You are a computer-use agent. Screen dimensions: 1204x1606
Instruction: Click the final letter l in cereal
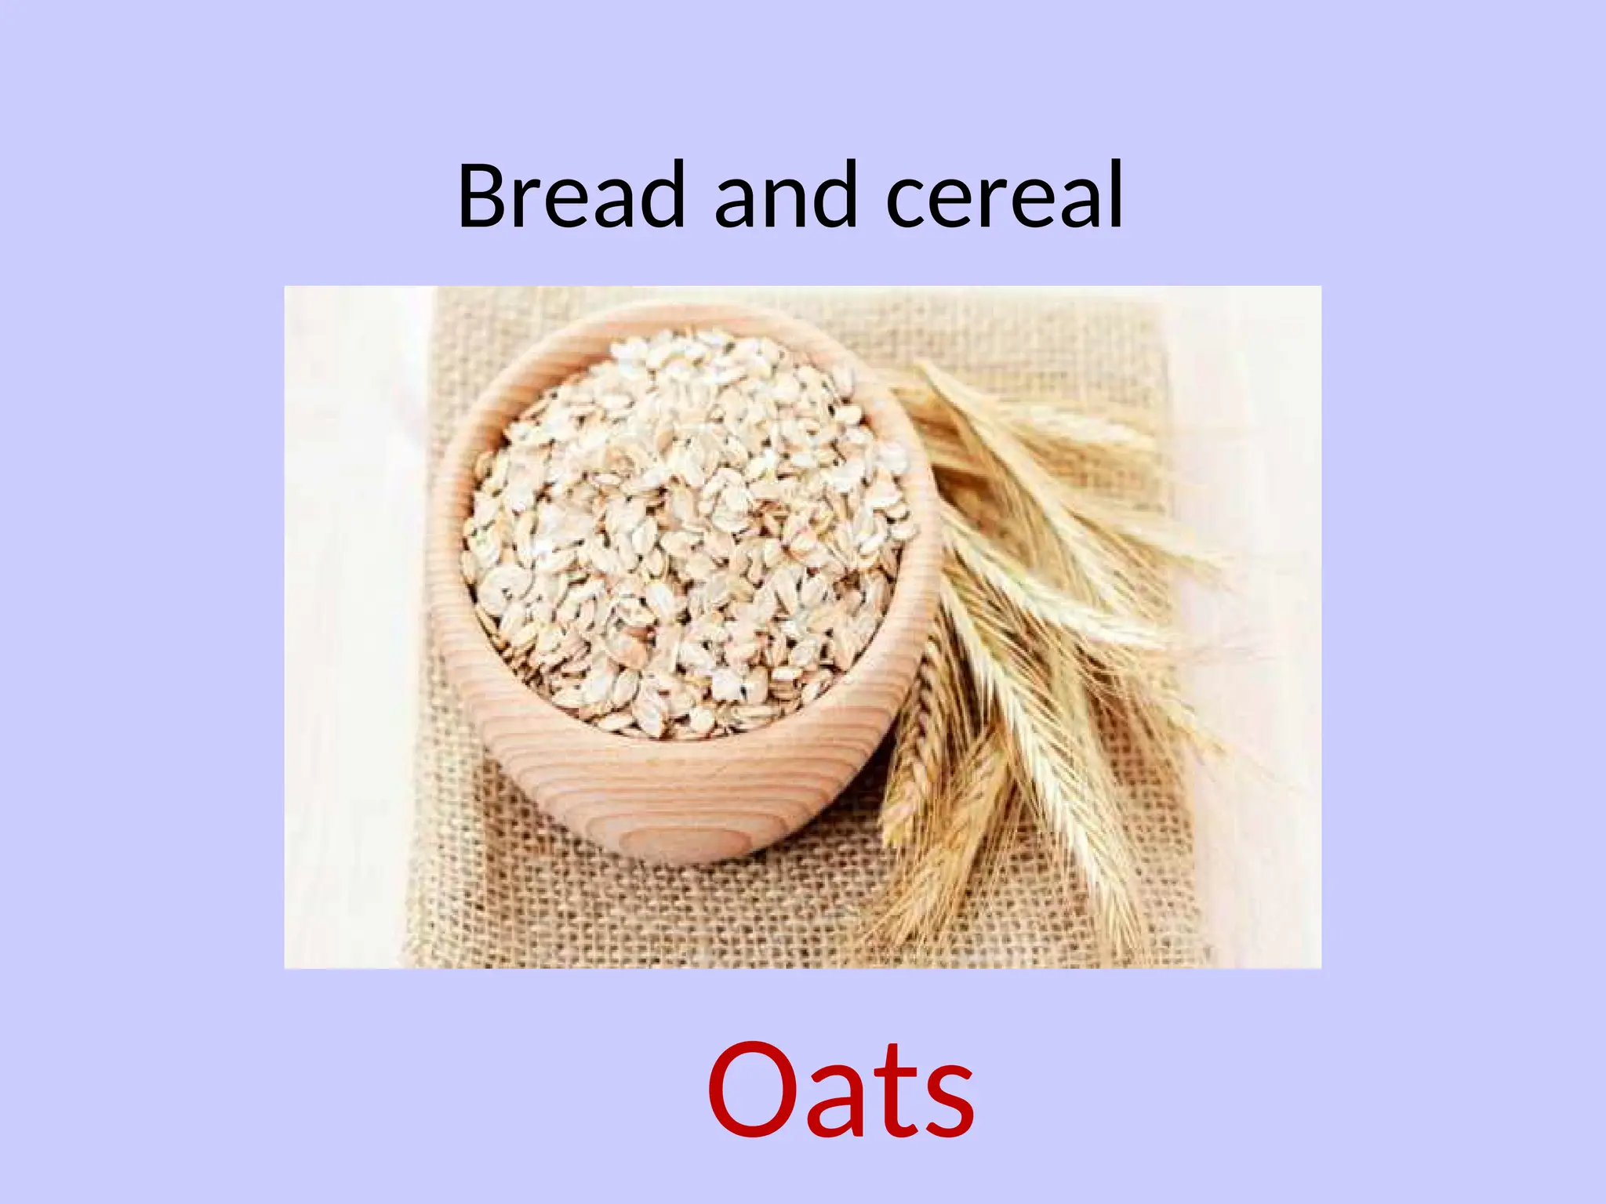pos(1114,192)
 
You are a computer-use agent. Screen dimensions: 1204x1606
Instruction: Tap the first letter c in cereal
pos(908,204)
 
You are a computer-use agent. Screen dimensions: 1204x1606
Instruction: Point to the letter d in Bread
pos(659,194)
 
